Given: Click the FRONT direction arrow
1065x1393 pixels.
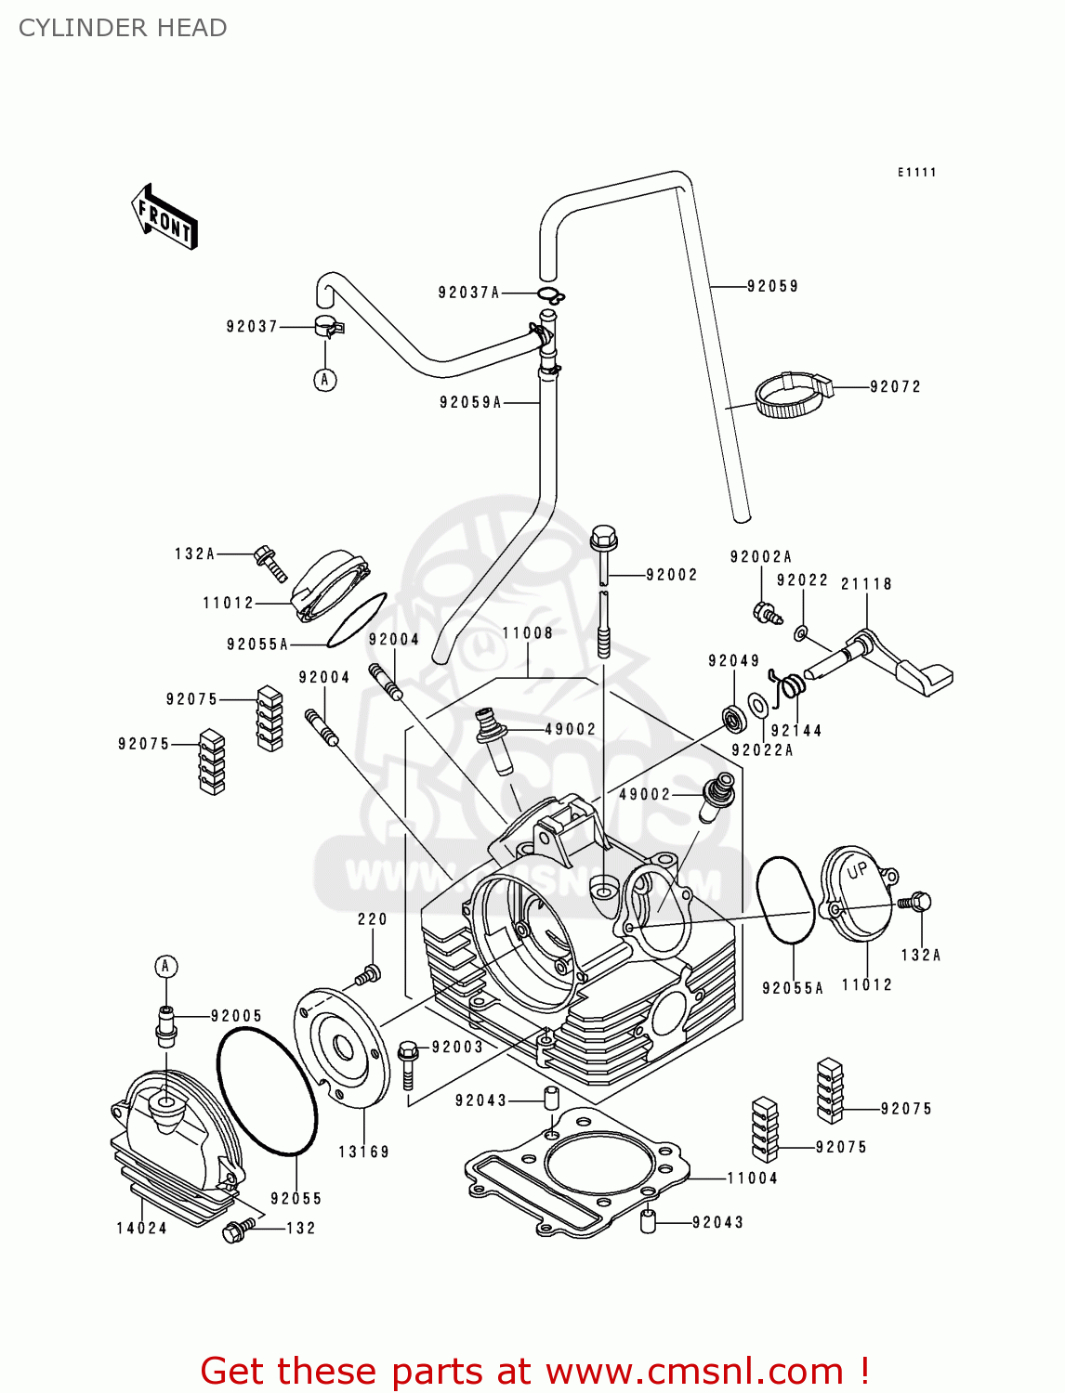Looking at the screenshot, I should [165, 217].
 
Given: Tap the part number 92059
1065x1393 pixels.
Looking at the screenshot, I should [772, 286].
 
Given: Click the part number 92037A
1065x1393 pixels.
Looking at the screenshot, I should [468, 293].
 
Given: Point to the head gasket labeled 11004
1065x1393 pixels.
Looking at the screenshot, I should [576, 1170].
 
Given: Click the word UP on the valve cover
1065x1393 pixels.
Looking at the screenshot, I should [857, 871].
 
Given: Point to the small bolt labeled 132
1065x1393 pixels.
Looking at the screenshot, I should [235, 1231].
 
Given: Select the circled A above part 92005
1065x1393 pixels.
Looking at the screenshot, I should [165, 967].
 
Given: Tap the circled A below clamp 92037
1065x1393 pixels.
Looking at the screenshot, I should [324, 380].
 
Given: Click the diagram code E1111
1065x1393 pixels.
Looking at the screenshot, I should [916, 173].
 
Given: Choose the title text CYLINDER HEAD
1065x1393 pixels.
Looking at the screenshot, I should [123, 28].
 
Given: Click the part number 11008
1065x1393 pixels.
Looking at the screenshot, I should [527, 633].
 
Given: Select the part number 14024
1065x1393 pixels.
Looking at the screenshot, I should [141, 1228].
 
